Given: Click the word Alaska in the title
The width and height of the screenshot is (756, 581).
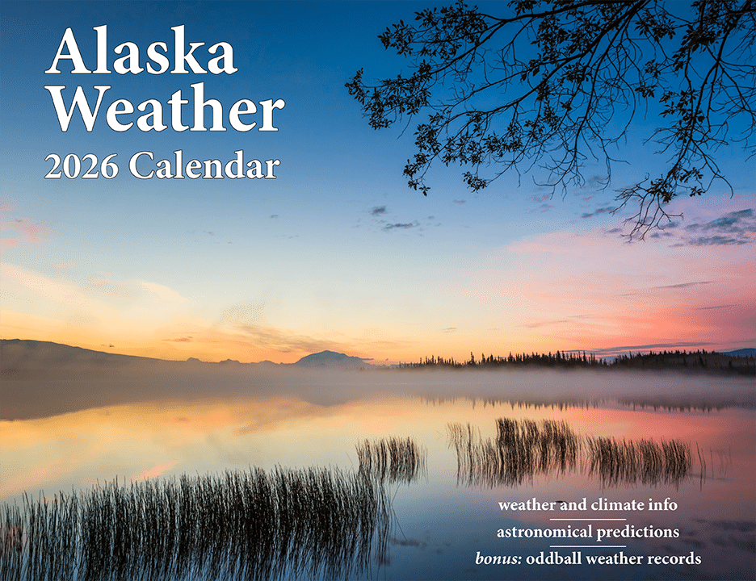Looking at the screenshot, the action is (x=141, y=51).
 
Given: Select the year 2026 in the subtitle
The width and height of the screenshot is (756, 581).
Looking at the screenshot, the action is (x=81, y=166).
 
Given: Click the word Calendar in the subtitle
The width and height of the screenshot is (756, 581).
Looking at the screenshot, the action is (x=204, y=165).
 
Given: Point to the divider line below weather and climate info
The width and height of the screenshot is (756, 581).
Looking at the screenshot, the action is (x=588, y=520).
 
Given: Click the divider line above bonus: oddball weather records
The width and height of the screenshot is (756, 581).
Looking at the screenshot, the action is (x=588, y=546).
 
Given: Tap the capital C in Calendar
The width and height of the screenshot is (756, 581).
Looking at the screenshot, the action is (x=140, y=165).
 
